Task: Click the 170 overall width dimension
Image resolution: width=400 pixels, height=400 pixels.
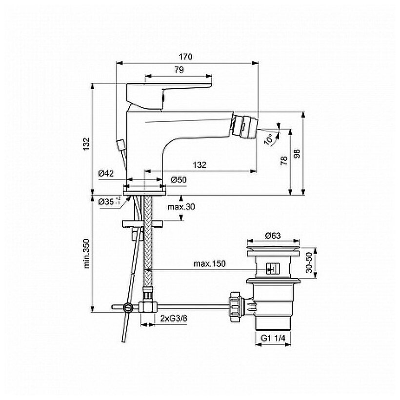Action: pos(188,57)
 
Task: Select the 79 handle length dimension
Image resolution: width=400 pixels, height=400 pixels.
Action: pos(179,70)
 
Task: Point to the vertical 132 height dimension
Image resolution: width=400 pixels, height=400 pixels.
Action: pos(86,142)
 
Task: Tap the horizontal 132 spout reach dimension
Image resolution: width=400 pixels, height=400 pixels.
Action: pos(199,165)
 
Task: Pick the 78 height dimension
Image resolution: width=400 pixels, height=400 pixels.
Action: pos(284,161)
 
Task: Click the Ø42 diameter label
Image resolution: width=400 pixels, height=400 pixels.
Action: pos(106,174)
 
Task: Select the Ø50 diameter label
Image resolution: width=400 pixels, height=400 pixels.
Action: pos(179,180)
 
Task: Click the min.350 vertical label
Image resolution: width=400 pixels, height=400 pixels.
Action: pos(86,254)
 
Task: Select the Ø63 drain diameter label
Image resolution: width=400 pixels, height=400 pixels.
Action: pos(274,236)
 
